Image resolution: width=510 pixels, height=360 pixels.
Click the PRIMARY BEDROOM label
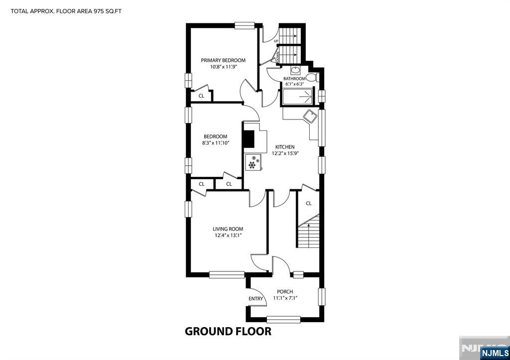point(223,60)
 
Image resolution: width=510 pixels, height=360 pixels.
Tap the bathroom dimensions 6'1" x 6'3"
point(295,84)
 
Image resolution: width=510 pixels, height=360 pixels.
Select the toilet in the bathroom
point(313,77)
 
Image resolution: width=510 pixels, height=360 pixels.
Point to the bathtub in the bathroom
point(298,97)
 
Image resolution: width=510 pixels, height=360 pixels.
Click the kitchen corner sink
point(310,116)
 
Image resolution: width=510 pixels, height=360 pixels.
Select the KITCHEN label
point(285,147)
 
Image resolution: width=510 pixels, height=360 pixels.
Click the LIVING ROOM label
point(228,229)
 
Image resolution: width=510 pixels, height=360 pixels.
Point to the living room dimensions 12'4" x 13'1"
point(228,235)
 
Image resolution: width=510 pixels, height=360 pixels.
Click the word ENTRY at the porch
point(255,299)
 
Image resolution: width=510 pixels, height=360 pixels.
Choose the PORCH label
point(285,292)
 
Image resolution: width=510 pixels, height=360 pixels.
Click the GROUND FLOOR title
point(228,332)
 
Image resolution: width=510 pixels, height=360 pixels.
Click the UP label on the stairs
point(276,41)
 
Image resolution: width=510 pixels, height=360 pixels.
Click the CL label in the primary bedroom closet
point(201,96)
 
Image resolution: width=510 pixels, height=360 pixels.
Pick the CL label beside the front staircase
point(309,204)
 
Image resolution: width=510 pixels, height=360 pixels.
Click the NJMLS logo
point(495,353)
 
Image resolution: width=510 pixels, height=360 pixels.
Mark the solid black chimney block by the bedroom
point(249,140)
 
